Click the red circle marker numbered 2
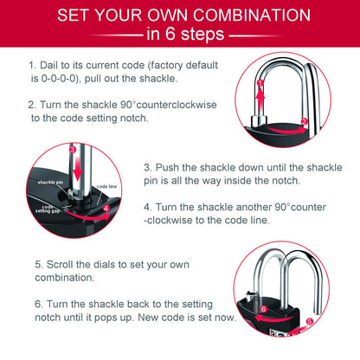[x=304, y=121]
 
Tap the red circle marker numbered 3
[x=74, y=149]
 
